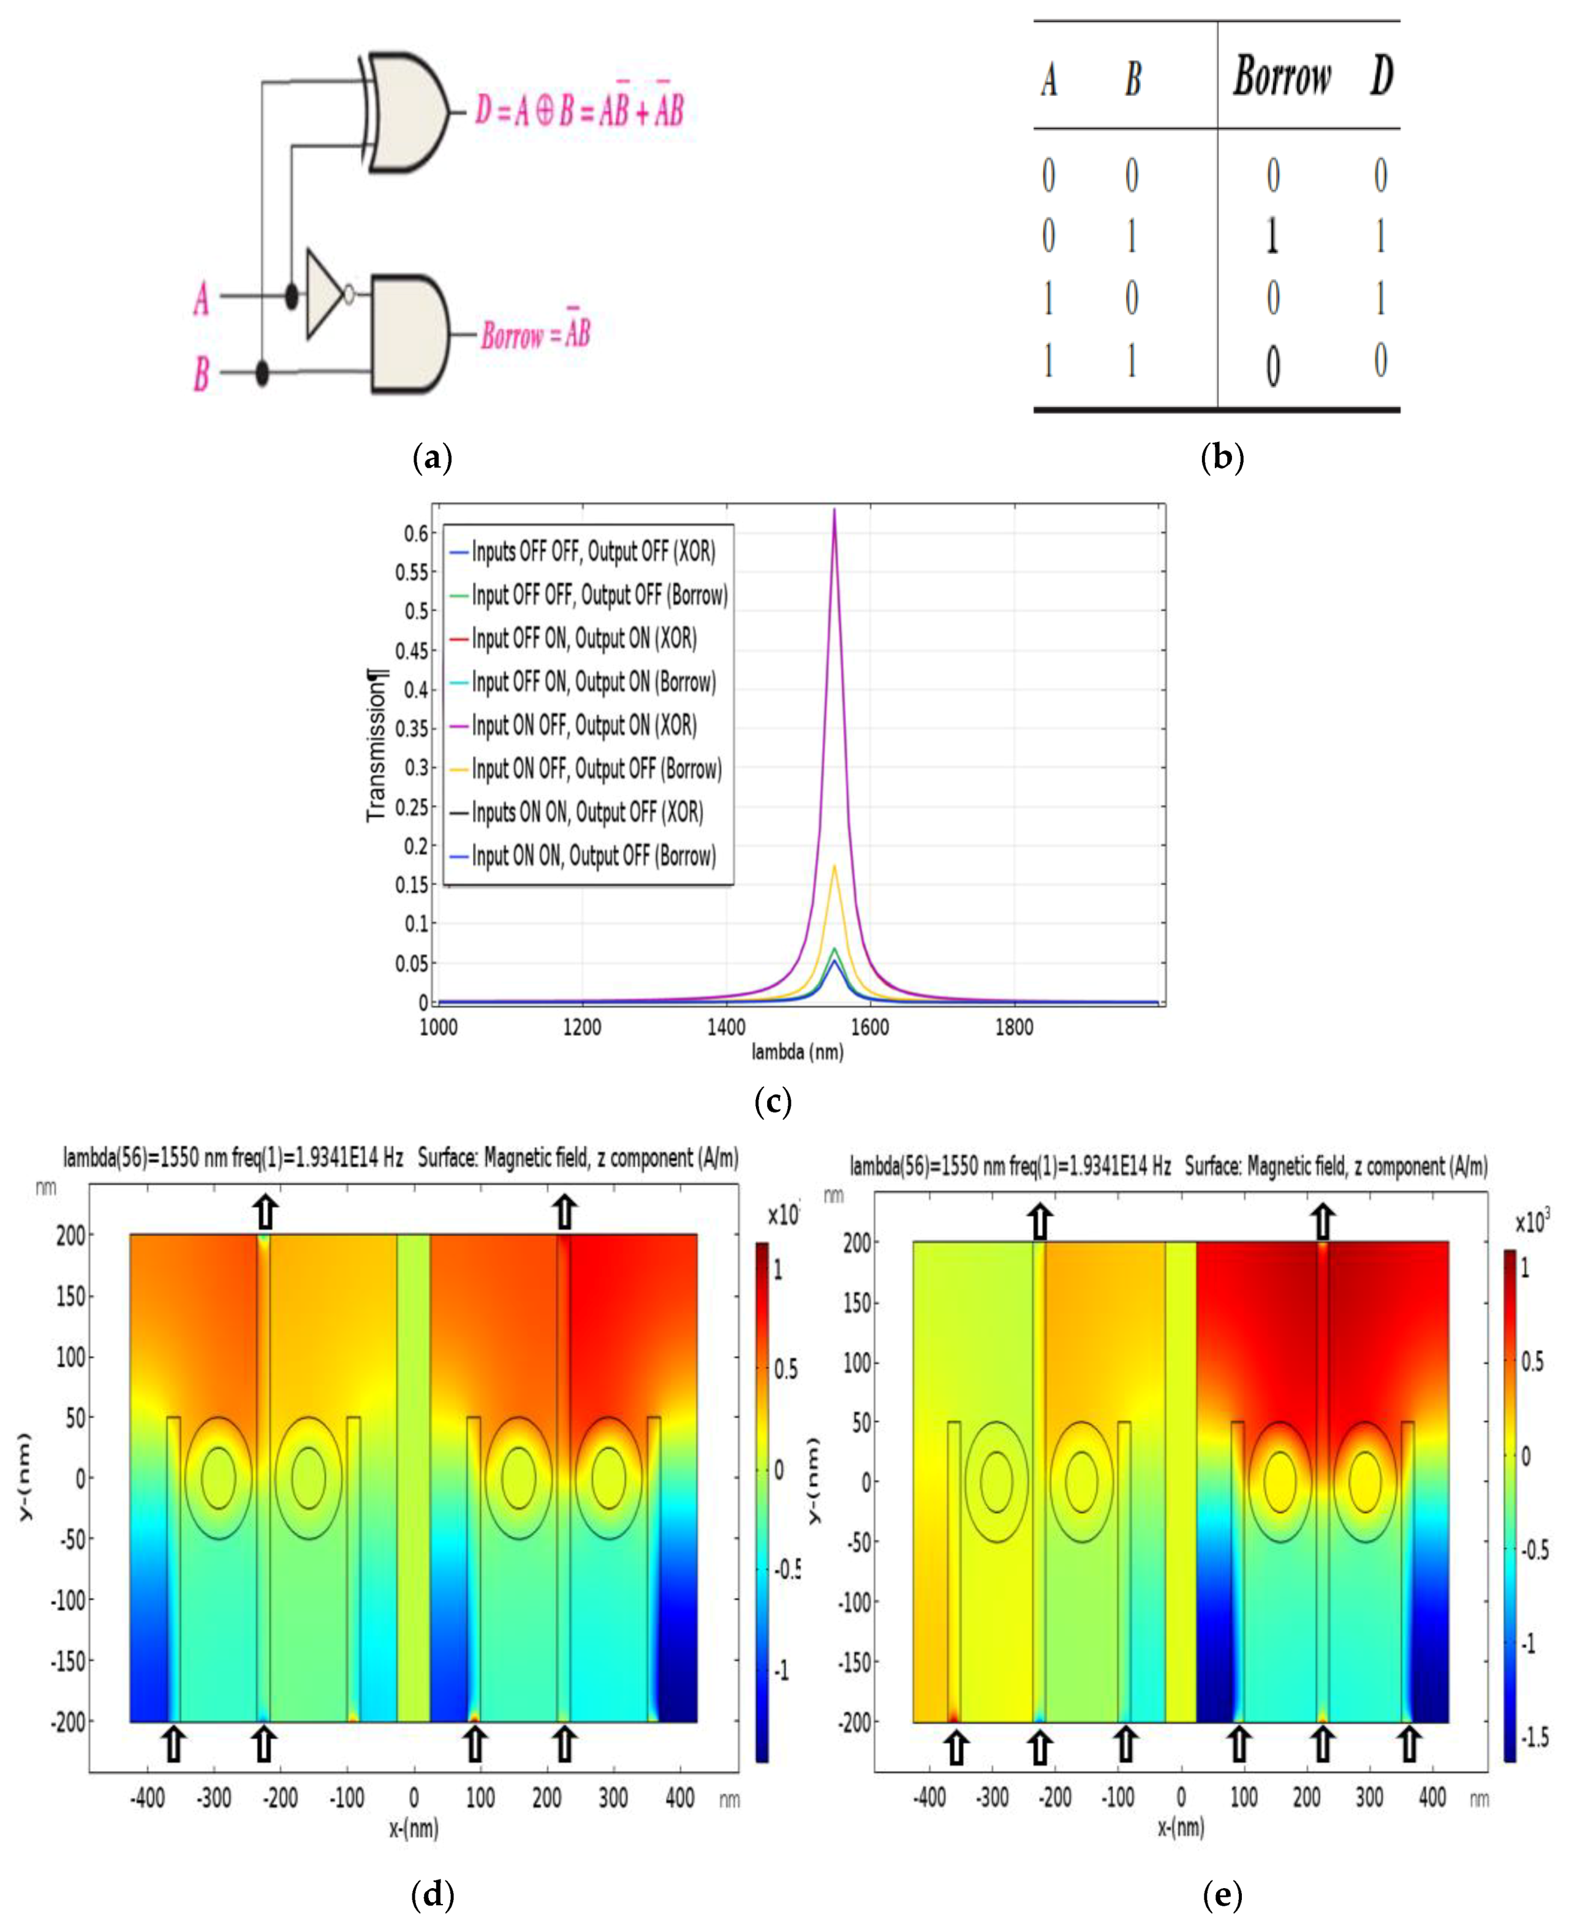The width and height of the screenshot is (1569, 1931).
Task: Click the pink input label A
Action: (x=202, y=298)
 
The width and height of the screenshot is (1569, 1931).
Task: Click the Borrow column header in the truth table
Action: (x=1282, y=77)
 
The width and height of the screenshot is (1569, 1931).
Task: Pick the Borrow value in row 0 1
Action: (x=1272, y=237)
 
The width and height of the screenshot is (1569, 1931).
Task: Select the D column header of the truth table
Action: (x=1381, y=77)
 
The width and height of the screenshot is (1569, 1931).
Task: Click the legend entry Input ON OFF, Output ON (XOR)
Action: (x=584, y=725)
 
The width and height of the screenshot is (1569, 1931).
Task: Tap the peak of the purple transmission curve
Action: (x=834, y=510)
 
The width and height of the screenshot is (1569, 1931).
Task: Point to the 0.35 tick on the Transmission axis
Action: (x=414, y=729)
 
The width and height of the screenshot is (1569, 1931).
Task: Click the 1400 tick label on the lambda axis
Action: (x=726, y=1028)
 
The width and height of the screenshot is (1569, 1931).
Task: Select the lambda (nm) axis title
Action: (x=797, y=1052)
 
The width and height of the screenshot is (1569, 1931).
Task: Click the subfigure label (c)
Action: (x=772, y=1101)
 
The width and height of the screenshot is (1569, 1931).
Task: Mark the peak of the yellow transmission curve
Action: (x=834, y=866)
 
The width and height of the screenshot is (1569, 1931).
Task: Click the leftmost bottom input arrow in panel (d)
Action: (x=173, y=1744)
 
